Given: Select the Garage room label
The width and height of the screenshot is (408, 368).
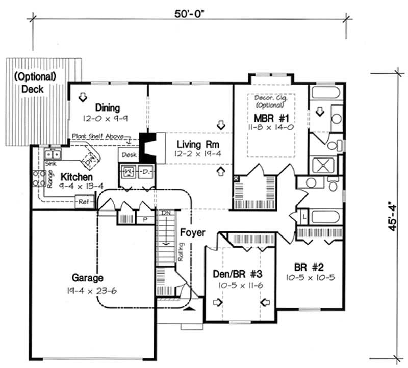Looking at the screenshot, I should coord(87,278).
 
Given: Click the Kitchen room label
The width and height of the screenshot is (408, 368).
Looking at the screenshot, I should coord(77,176).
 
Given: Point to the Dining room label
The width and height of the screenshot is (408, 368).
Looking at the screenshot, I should coord(107,108).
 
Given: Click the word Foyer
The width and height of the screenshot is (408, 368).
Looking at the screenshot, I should coord(193,233).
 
